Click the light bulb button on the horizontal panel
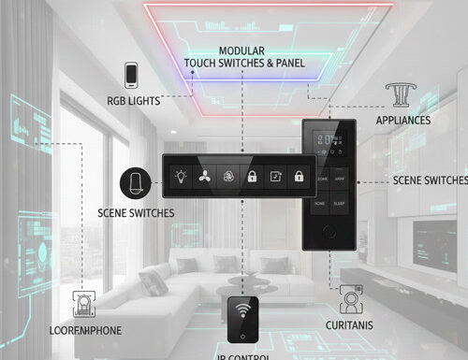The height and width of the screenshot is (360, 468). pyautogui.click(x=180, y=175)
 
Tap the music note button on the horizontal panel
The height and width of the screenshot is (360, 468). pyautogui.click(x=274, y=175)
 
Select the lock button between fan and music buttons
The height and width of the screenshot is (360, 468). pyautogui.click(x=251, y=175)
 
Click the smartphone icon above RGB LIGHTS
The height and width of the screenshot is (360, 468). pyautogui.click(x=132, y=74)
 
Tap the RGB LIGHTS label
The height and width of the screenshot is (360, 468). pyautogui.click(x=132, y=100)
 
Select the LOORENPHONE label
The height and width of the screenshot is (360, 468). pyautogui.click(x=85, y=330)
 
